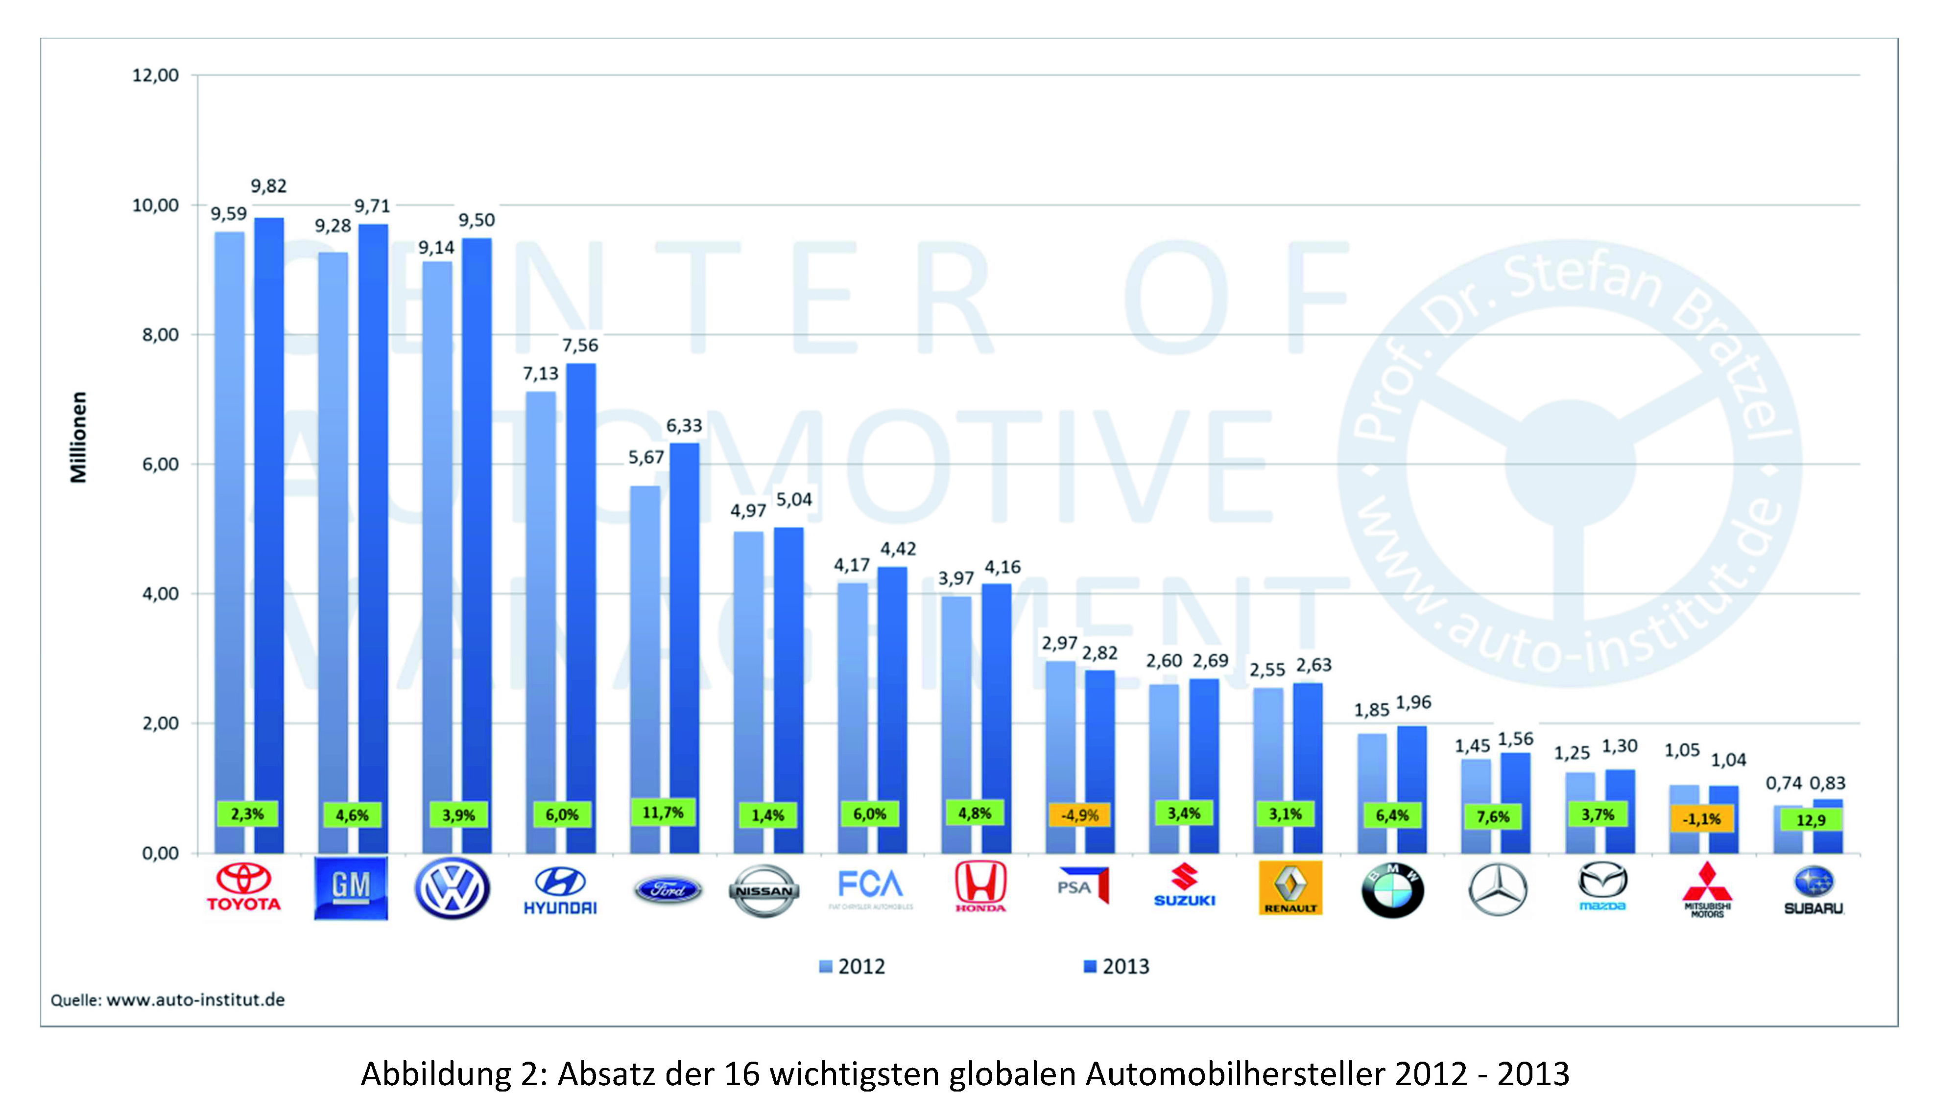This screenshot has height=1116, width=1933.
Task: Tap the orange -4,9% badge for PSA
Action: [1079, 815]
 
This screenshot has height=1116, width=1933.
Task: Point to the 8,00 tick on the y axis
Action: [160, 335]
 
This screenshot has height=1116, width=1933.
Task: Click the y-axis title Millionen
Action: [78, 437]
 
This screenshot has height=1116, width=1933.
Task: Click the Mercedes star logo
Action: [1497, 889]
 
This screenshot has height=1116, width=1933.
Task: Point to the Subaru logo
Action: [1813, 889]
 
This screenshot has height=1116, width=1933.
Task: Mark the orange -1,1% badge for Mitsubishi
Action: [1701, 818]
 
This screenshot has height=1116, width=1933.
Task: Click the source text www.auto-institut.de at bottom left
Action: [195, 1000]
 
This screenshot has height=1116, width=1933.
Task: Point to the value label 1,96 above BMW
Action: [1413, 702]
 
